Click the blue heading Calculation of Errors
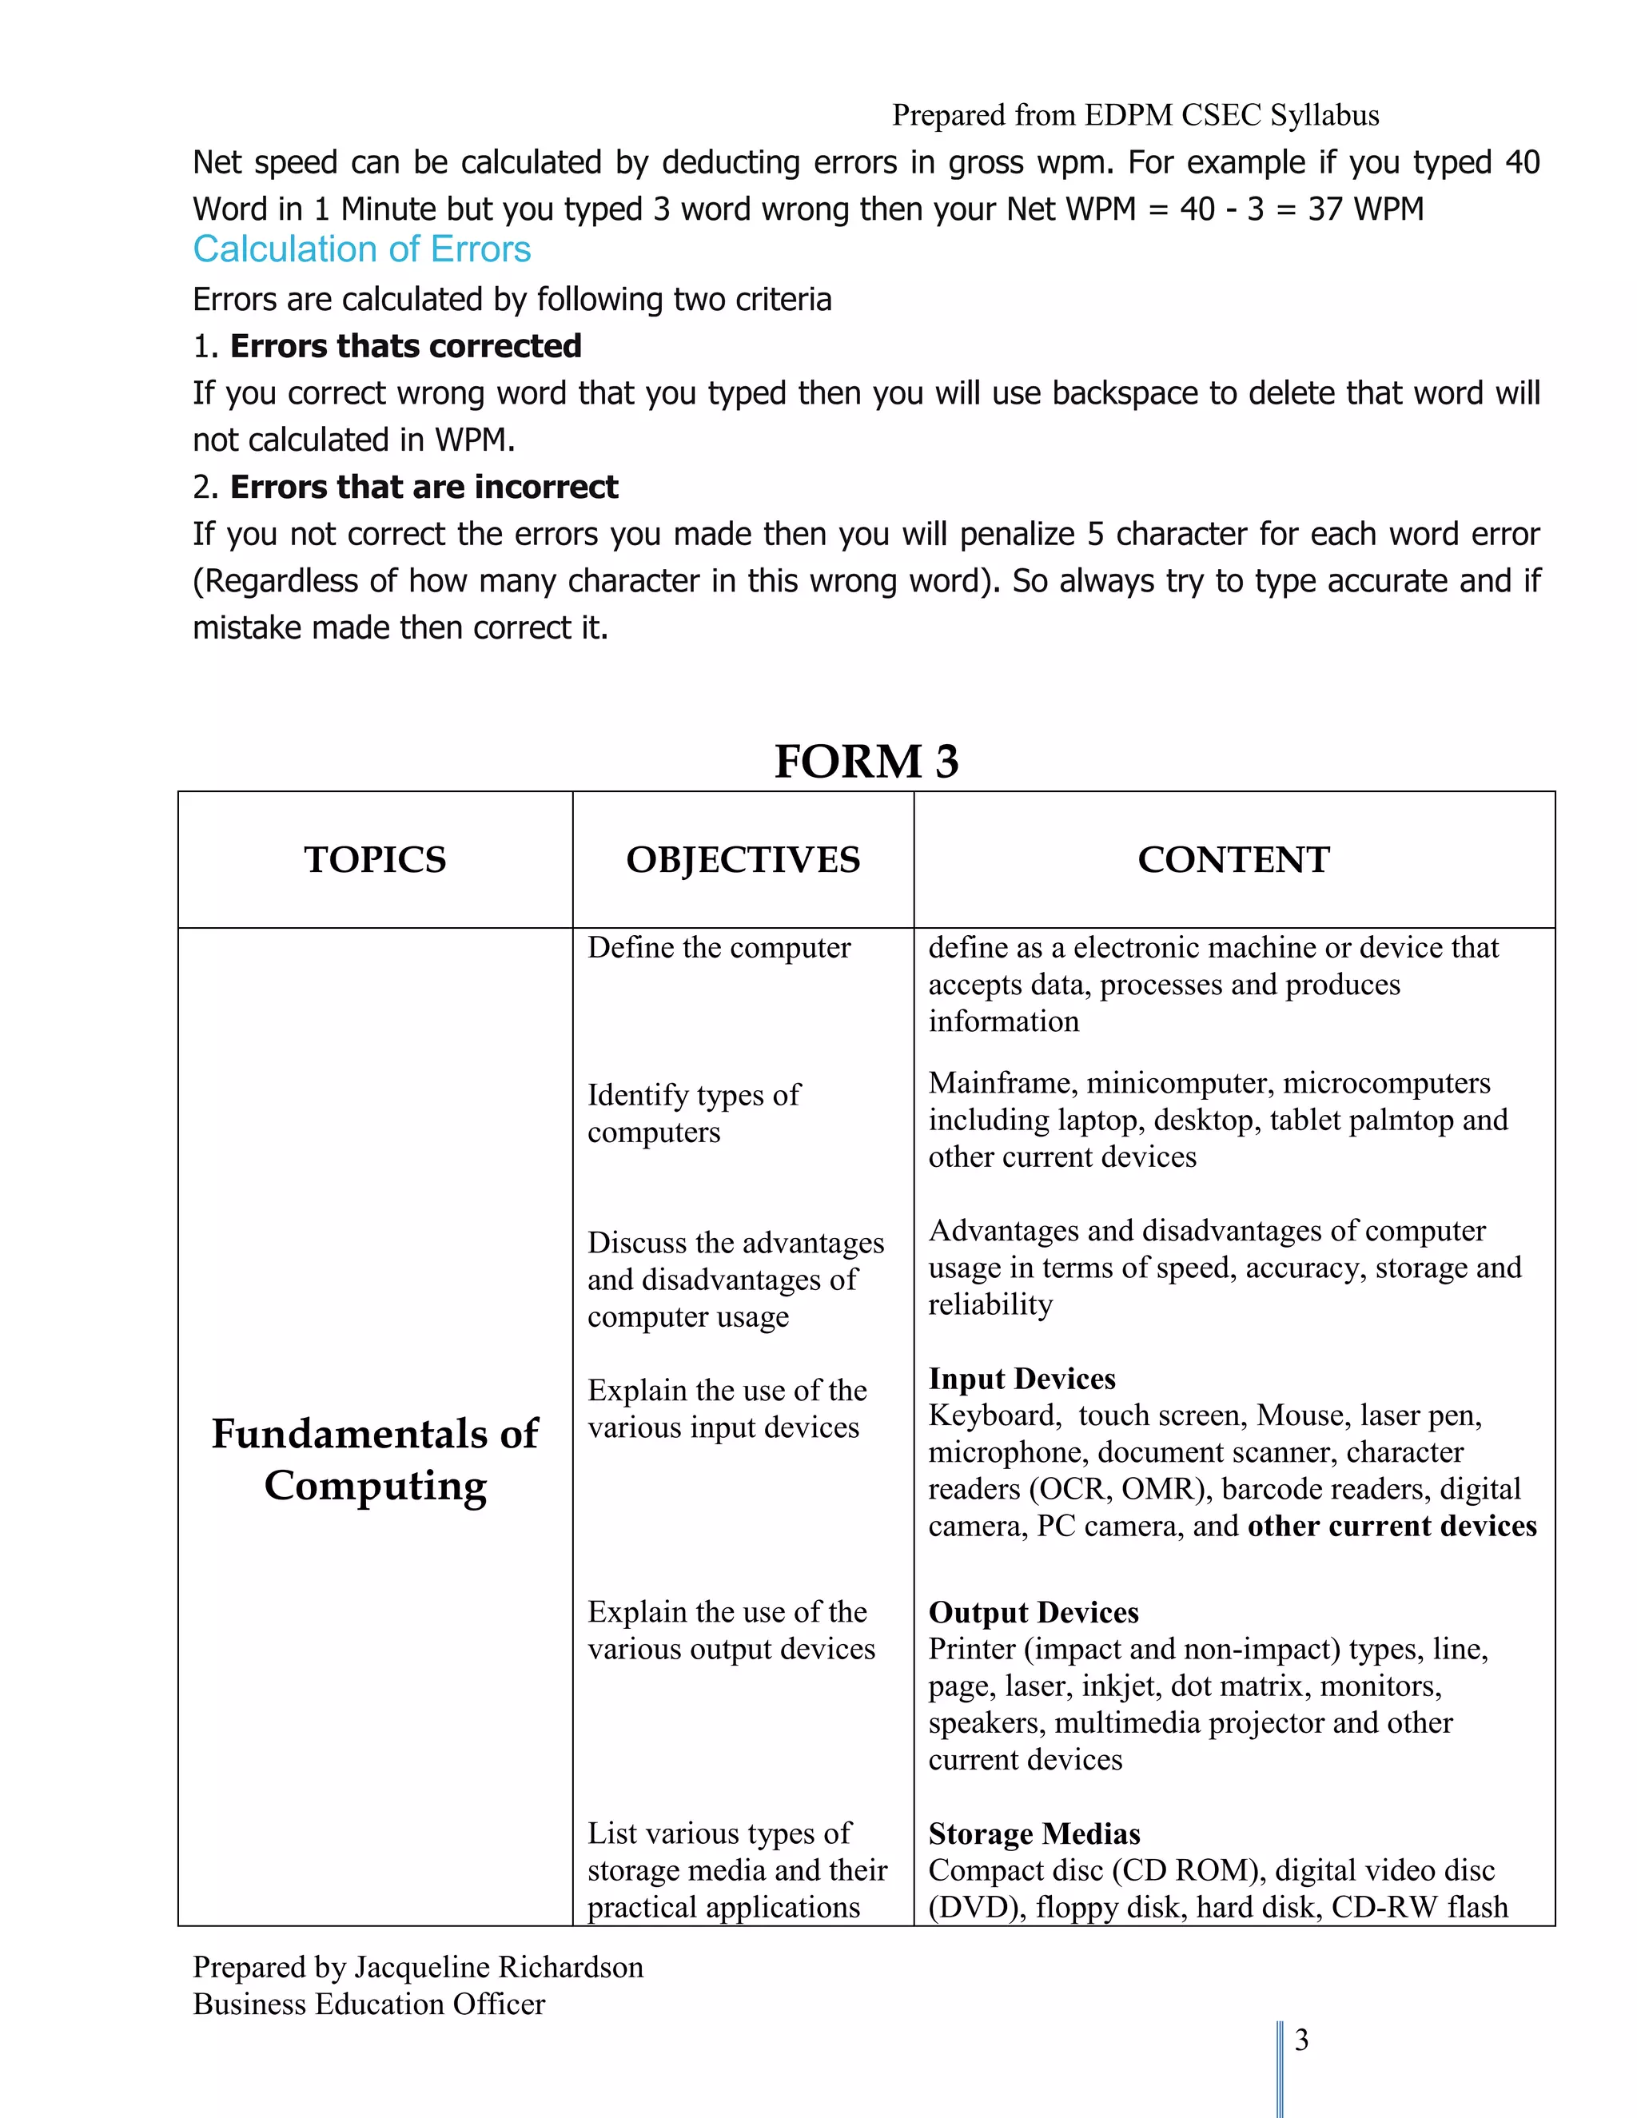click(362, 249)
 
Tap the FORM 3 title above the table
click(865, 760)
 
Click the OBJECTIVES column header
click(743, 859)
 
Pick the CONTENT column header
click(1233, 859)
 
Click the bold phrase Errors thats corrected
click(405, 346)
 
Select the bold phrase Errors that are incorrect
click(424, 487)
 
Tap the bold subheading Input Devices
click(1022, 1378)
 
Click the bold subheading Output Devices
click(1033, 1612)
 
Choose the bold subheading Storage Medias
click(1034, 1833)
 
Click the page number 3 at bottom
click(1301, 2040)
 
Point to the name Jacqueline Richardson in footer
click(499, 1967)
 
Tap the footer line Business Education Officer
click(368, 2004)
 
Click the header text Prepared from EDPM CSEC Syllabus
click(1135, 115)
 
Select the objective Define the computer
click(719, 947)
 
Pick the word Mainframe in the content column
click(1000, 1082)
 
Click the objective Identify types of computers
click(693, 1113)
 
